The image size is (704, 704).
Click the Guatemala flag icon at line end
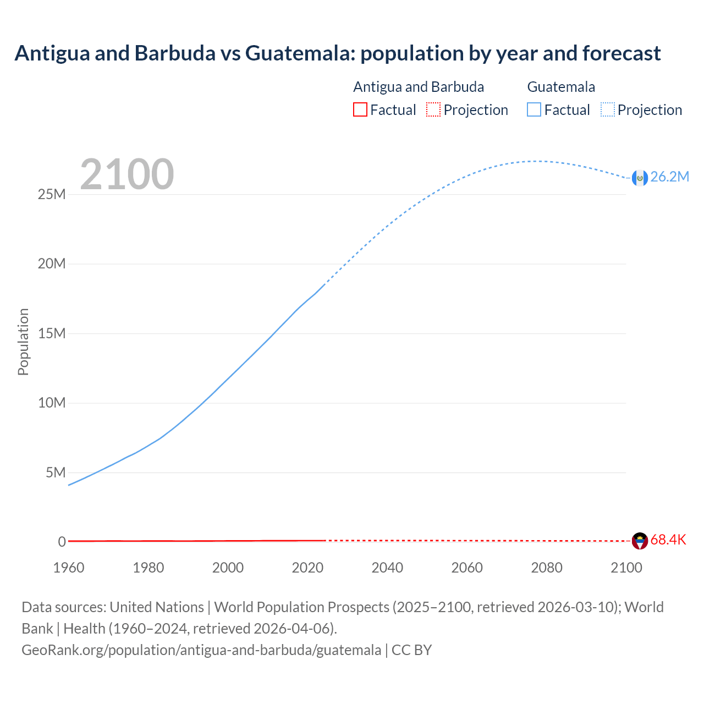click(640, 178)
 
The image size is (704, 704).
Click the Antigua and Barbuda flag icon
click(640, 541)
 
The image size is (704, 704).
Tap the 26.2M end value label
click(669, 177)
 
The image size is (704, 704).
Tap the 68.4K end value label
click(668, 540)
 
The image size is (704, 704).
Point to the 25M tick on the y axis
click(52, 194)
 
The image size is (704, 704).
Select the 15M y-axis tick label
click(52, 333)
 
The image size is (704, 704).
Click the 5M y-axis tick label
click(56, 472)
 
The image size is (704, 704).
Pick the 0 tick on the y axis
click(62, 542)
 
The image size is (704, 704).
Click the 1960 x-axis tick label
click(69, 568)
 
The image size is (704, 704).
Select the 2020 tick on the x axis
click(307, 568)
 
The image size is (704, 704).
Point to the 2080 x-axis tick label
click(547, 568)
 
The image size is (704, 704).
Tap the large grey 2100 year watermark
click(127, 174)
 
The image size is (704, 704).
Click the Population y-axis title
click(23, 342)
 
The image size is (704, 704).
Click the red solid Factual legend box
click(360, 109)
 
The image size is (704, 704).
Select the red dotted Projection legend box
click(433, 109)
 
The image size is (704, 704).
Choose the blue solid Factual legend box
click(534, 109)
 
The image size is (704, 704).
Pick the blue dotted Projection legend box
click(607, 109)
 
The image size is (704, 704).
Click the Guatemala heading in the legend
click(561, 87)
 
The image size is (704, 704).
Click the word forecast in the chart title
click(621, 53)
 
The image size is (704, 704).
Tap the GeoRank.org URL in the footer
click(201, 650)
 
